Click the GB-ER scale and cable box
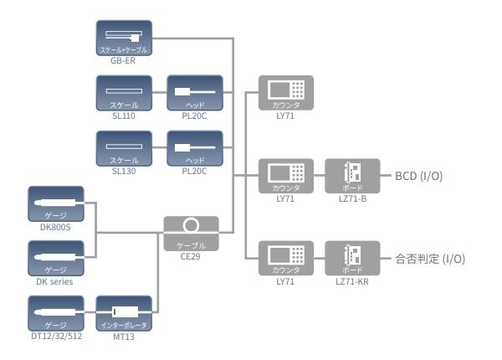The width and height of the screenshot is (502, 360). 124,39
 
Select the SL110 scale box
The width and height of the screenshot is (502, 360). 124,93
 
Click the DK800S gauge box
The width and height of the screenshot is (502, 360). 56,203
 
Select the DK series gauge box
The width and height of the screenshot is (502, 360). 56,259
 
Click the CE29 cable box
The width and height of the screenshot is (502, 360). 191,232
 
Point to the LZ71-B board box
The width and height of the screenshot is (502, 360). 352,177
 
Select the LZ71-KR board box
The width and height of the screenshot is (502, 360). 352,259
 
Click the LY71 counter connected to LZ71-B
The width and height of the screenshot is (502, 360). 286,177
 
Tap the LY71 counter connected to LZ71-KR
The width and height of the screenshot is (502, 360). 286,259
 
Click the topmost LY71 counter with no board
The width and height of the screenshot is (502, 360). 286,94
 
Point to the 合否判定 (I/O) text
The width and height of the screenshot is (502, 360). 429,260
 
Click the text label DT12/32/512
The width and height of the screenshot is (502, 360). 56,337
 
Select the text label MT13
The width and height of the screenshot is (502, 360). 124,337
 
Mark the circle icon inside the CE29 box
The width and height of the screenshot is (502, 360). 191,225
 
